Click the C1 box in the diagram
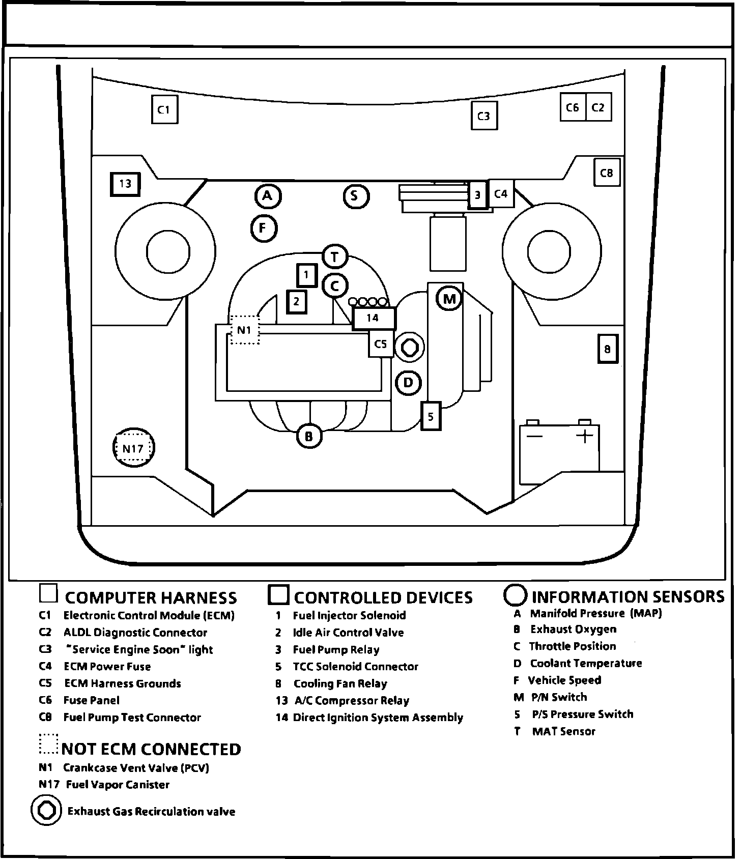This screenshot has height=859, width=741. click(164, 109)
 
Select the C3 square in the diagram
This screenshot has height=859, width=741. click(483, 116)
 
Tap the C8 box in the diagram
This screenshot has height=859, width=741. click(607, 173)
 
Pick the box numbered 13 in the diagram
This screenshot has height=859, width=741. click(125, 184)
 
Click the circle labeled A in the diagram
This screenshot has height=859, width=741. click(268, 196)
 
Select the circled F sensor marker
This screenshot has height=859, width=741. click(264, 228)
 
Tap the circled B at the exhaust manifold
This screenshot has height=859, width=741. click(309, 436)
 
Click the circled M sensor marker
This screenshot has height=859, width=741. click(449, 299)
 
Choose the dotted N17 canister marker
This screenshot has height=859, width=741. click(133, 448)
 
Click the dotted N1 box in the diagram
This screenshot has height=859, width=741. click(245, 330)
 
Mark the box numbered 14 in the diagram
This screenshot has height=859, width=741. click(373, 319)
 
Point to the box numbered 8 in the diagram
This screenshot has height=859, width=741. click(607, 349)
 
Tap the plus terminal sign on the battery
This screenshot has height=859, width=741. click(585, 436)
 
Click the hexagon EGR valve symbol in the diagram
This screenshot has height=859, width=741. click(410, 348)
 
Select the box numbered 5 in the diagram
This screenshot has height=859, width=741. click(431, 416)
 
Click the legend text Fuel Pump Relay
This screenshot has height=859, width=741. click(336, 650)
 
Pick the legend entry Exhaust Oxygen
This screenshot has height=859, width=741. click(573, 629)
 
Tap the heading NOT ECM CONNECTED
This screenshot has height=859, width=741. click(151, 749)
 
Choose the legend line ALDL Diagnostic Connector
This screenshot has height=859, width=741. click(135, 633)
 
